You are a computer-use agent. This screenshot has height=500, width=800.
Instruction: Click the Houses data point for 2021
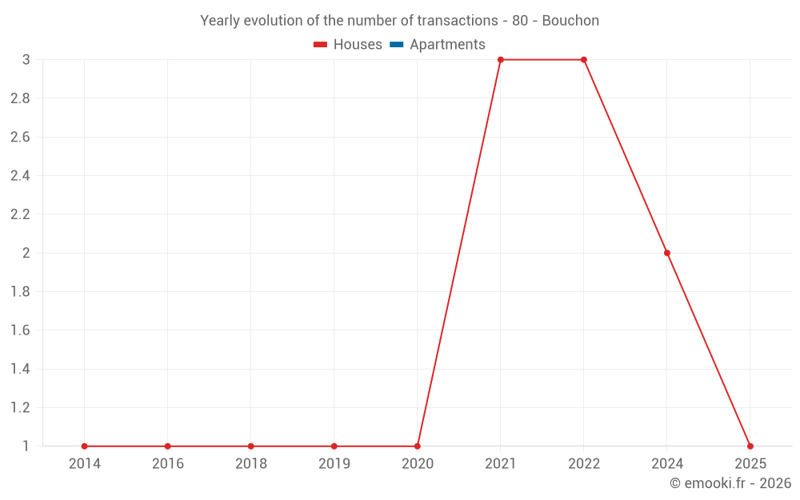[500, 60]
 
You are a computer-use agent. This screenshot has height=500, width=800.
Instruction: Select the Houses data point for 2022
[583, 60]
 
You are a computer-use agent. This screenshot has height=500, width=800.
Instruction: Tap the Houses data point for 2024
[666, 253]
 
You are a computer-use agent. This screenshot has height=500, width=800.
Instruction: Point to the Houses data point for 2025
[750, 446]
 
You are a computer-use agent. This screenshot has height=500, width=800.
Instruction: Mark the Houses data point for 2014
[84, 446]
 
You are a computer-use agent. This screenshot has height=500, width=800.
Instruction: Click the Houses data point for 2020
[417, 446]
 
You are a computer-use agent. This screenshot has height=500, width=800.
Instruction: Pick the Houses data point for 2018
[250, 446]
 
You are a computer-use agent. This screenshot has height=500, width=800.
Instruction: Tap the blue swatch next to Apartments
[396, 45]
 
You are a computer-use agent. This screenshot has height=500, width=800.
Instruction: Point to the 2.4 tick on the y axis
[20, 176]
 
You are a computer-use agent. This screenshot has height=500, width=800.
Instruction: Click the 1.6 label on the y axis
[20, 330]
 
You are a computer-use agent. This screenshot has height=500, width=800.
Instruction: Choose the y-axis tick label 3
[26, 60]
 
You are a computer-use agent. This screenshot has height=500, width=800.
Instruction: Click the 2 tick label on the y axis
[26, 253]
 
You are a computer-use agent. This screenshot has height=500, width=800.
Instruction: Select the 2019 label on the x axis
[334, 464]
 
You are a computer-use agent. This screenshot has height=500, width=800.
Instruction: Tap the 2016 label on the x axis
[167, 464]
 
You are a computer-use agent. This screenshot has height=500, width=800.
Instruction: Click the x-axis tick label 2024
[666, 464]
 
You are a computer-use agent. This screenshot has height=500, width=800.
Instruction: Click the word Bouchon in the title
[570, 21]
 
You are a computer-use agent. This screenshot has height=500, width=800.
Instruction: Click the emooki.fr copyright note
[730, 483]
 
